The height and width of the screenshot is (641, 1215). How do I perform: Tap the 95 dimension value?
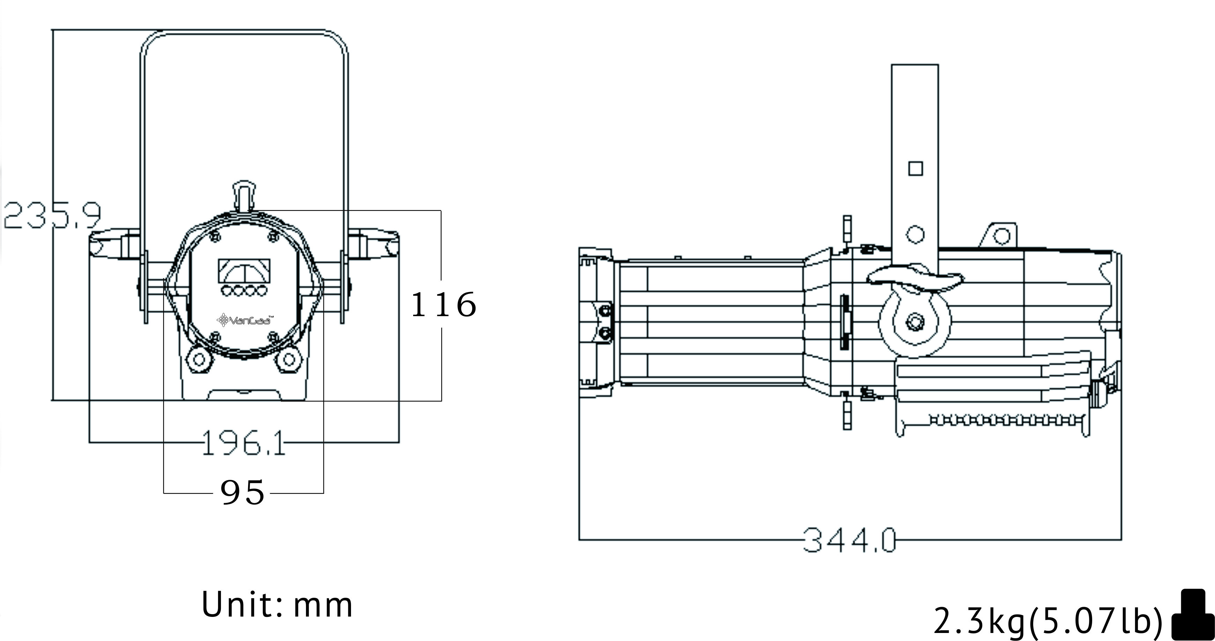point(243,493)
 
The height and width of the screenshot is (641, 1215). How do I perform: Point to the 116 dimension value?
point(443,304)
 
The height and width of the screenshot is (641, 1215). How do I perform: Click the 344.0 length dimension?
point(849,539)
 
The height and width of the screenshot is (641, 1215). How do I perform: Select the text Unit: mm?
point(277,605)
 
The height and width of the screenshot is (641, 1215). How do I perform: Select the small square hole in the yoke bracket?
point(916,169)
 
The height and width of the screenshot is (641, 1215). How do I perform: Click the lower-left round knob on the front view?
point(199,360)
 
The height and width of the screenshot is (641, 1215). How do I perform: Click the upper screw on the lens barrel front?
point(605,310)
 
